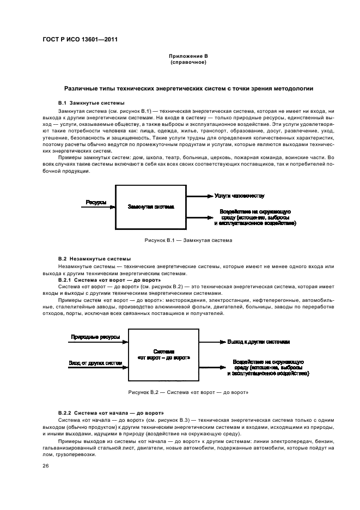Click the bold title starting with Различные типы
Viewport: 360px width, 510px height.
188,88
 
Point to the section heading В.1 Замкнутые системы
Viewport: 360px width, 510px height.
91,102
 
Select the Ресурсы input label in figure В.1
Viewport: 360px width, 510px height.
96,202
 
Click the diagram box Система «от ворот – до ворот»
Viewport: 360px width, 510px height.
163,355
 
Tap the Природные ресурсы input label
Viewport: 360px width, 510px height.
95,338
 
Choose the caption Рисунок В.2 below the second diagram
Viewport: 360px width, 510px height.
188,392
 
